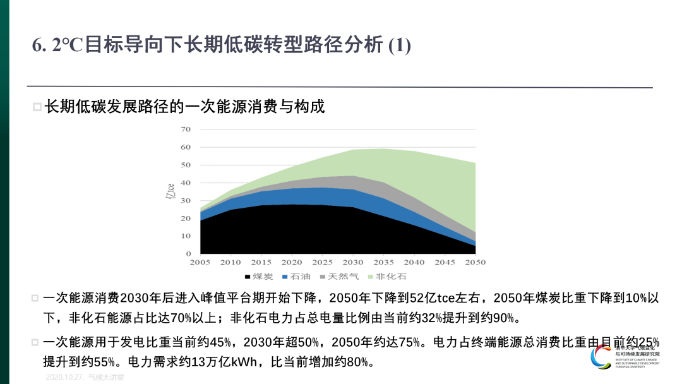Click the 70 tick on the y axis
(186, 129)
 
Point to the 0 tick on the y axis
(188, 253)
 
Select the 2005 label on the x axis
(200, 262)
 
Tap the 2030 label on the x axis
(353, 262)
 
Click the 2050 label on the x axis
(475, 262)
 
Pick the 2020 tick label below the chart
(292, 262)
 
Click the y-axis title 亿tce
(170, 191)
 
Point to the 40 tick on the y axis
(186, 183)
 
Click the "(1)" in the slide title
(399, 45)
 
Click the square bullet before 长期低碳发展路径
(37, 107)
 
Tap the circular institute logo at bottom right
(601, 356)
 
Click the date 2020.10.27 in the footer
(65, 377)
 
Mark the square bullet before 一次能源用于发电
(35, 343)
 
